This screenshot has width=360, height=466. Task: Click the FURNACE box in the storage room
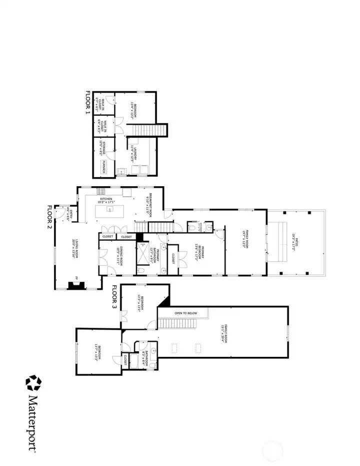point(104,167)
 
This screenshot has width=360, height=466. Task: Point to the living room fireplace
point(76,285)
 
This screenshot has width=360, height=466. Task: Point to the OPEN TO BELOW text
point(186,313)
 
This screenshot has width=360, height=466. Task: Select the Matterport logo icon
point(33,383)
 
